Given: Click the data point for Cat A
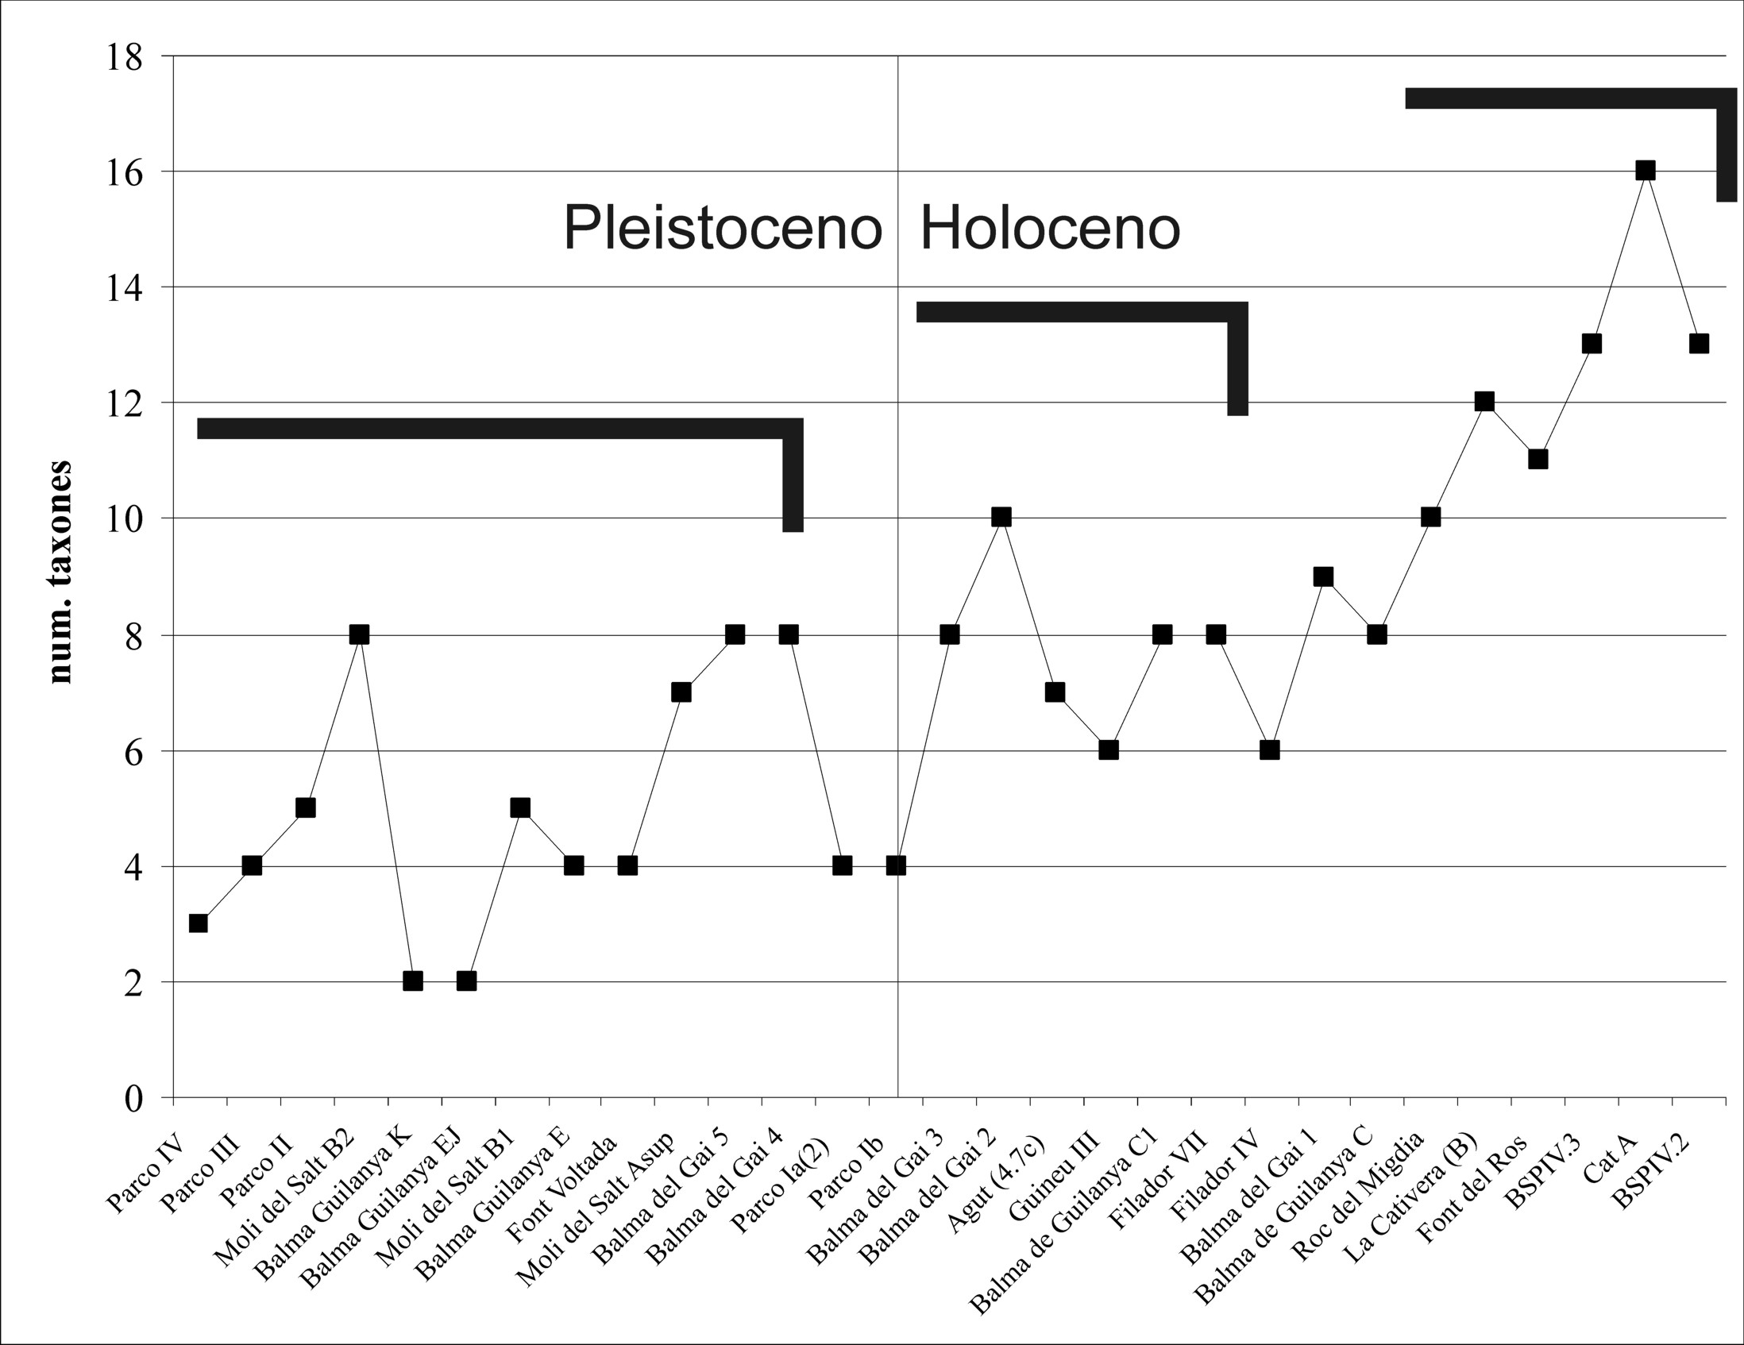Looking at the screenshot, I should pos(1645,171).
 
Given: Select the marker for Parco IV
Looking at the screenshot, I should pos(198,923).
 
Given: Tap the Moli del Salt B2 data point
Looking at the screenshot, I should pos(359,634).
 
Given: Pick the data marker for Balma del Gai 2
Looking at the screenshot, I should pos(1001,517).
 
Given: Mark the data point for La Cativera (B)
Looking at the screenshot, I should pos(1484,402).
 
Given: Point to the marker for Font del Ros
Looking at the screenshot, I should pos(1538,460).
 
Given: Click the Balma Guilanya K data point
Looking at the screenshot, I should pos(413,981).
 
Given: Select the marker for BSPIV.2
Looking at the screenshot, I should pos(1699,344).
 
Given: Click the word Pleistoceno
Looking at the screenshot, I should pos(723,229).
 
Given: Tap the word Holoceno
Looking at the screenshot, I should pos(1050,229).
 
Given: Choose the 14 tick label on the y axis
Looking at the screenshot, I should pos(124,288).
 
